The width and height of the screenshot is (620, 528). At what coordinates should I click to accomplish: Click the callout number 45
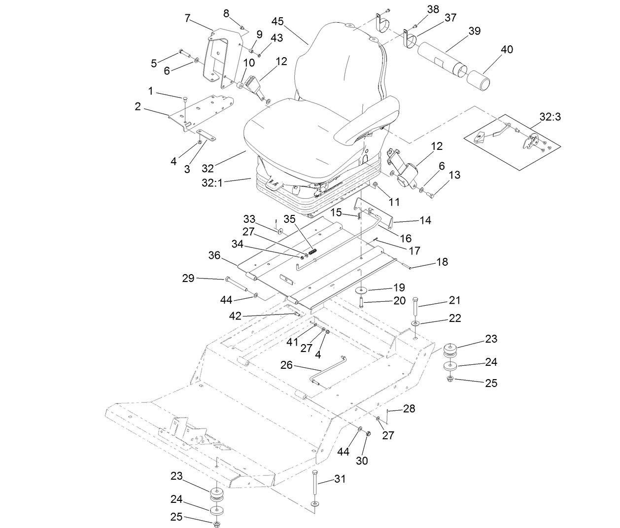[x=277, y=21]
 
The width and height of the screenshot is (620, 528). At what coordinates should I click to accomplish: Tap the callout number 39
[x=474, y=31]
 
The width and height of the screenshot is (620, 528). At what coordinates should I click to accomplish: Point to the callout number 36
[x=214, y=255]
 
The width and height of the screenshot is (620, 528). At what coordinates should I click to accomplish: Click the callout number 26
[x=286, y=365]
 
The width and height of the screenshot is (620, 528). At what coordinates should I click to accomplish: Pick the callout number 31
[x=340, y=479]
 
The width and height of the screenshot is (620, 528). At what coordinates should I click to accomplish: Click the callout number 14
[x=424, y=220]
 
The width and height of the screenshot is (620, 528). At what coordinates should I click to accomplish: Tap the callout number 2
[x=138, y=106]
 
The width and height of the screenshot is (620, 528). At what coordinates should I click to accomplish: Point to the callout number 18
[x=442, y=262]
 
